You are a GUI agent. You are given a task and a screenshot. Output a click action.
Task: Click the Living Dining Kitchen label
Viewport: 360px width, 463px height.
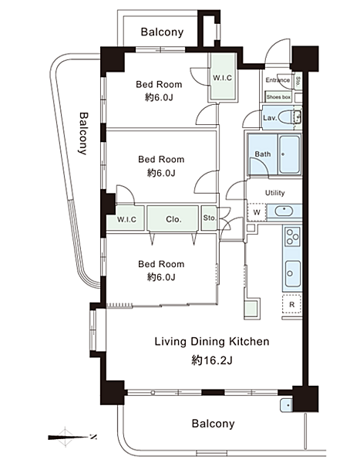212,342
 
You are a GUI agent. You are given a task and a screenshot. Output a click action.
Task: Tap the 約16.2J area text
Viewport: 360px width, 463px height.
212,360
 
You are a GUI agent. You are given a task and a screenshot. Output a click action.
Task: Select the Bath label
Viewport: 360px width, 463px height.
263,154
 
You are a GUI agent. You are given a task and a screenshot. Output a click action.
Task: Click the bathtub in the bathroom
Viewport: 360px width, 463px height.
290,154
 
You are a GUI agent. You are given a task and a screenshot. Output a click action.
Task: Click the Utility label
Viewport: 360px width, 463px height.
274,193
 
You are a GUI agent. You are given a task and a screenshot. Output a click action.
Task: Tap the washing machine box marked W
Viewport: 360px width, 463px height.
257,212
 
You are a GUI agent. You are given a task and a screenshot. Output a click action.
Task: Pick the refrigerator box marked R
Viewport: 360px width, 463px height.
291,304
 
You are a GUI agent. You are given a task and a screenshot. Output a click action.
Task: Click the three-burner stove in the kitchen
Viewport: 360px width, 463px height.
292,236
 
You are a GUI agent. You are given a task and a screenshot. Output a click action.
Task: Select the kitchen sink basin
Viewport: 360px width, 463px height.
293,274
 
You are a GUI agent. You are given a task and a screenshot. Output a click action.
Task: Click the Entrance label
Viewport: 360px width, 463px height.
278,80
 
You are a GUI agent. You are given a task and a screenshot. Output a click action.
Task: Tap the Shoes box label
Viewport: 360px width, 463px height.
278,97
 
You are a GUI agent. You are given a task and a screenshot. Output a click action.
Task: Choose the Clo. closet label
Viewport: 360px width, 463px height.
173,219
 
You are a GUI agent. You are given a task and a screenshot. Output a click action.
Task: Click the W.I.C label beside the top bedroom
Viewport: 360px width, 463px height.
223,78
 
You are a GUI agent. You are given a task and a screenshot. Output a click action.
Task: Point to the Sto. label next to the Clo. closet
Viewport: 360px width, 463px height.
210,218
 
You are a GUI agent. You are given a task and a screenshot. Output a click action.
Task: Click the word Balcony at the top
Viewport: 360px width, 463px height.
162,32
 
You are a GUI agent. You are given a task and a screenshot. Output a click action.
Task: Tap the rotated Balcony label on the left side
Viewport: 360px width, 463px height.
83,133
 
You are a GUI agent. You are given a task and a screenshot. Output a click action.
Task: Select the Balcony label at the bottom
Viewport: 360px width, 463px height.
213,424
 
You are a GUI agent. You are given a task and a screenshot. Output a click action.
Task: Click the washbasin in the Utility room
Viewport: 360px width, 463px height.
284,211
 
